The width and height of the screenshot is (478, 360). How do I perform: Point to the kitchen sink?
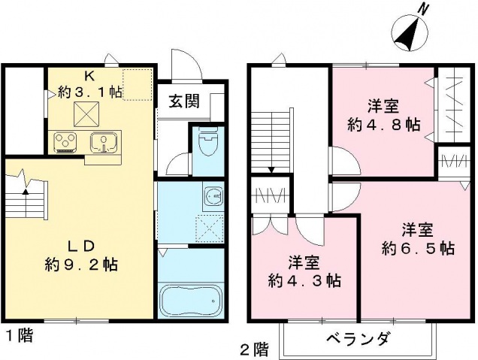101,141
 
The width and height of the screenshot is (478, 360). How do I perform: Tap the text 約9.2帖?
80,265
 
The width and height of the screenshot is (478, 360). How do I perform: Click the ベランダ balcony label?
357,339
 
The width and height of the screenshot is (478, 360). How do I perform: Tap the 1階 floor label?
20,337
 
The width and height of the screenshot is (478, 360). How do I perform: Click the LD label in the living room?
80,247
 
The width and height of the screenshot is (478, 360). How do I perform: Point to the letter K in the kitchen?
89,76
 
